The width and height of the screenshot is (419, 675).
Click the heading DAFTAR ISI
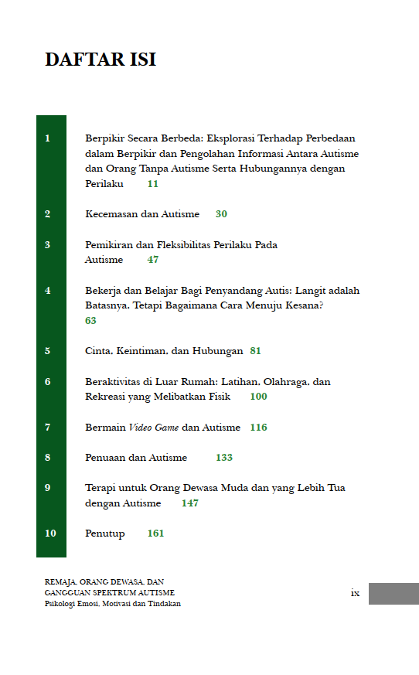(x=100, y=60)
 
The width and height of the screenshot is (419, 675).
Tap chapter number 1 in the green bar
(x=48, y=138)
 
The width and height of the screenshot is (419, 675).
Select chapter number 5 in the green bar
(x=48, y=351)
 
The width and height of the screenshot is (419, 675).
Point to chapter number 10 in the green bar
(x=49, y=534)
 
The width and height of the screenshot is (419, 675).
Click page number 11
(x=153, y=184)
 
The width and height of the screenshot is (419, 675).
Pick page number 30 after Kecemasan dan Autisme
(x=222, y=214)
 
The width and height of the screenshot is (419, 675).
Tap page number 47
(x=153, y=260)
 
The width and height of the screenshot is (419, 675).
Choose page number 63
(x=90, y=320)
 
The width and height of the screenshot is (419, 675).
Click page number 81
(x=256, y=351)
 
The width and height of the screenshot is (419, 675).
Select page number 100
(x=258, y=397)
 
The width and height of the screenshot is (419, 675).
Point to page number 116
(x=258, y=428)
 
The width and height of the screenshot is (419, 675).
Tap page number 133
(x=224, y=458)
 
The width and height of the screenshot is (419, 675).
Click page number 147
(x=190, y=503)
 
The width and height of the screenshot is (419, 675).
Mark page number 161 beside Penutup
(x=155, y=534)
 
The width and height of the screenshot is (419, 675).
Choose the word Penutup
(x=104, y=534)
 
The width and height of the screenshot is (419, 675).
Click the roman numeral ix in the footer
(x=355, y=593)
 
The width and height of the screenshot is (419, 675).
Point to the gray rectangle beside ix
(x=393, y=594)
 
